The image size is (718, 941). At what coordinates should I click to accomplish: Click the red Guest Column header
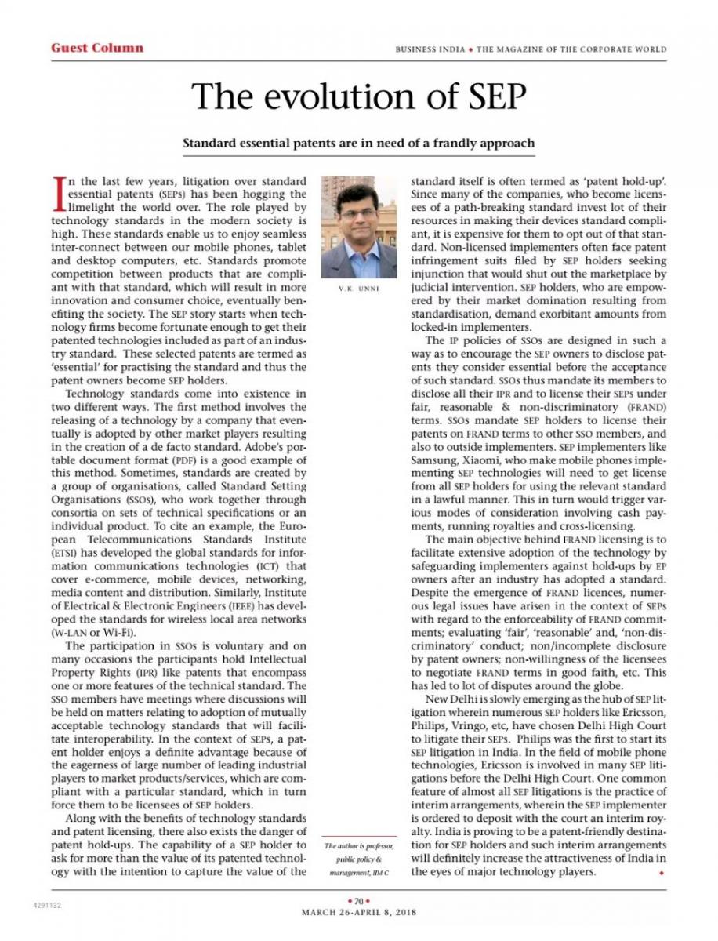pos(97,48)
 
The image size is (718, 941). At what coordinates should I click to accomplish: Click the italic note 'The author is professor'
pos(359,846)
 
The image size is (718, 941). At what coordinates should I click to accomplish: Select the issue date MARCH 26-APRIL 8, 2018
pos(359,912)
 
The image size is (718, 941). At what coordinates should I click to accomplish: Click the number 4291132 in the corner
pos(48,904)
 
